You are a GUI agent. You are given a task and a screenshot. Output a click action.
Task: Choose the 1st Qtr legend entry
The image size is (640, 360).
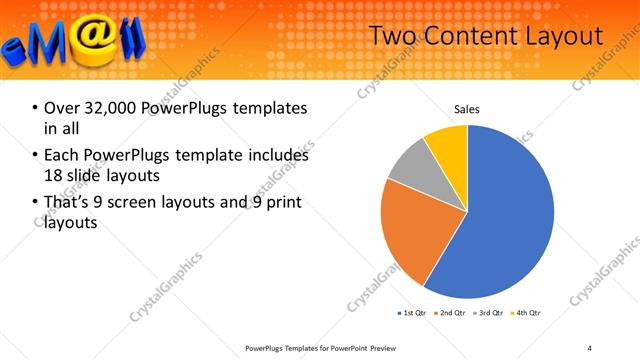click(413, 313)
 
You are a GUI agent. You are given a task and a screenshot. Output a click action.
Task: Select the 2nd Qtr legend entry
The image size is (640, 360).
click(452, 313)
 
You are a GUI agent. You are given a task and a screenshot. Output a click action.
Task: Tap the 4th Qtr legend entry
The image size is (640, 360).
click(528, 313)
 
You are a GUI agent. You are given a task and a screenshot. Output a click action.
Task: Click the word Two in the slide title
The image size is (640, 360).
click(392, 37)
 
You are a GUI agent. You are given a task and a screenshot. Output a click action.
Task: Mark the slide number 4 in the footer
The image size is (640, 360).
click(590, 347)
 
